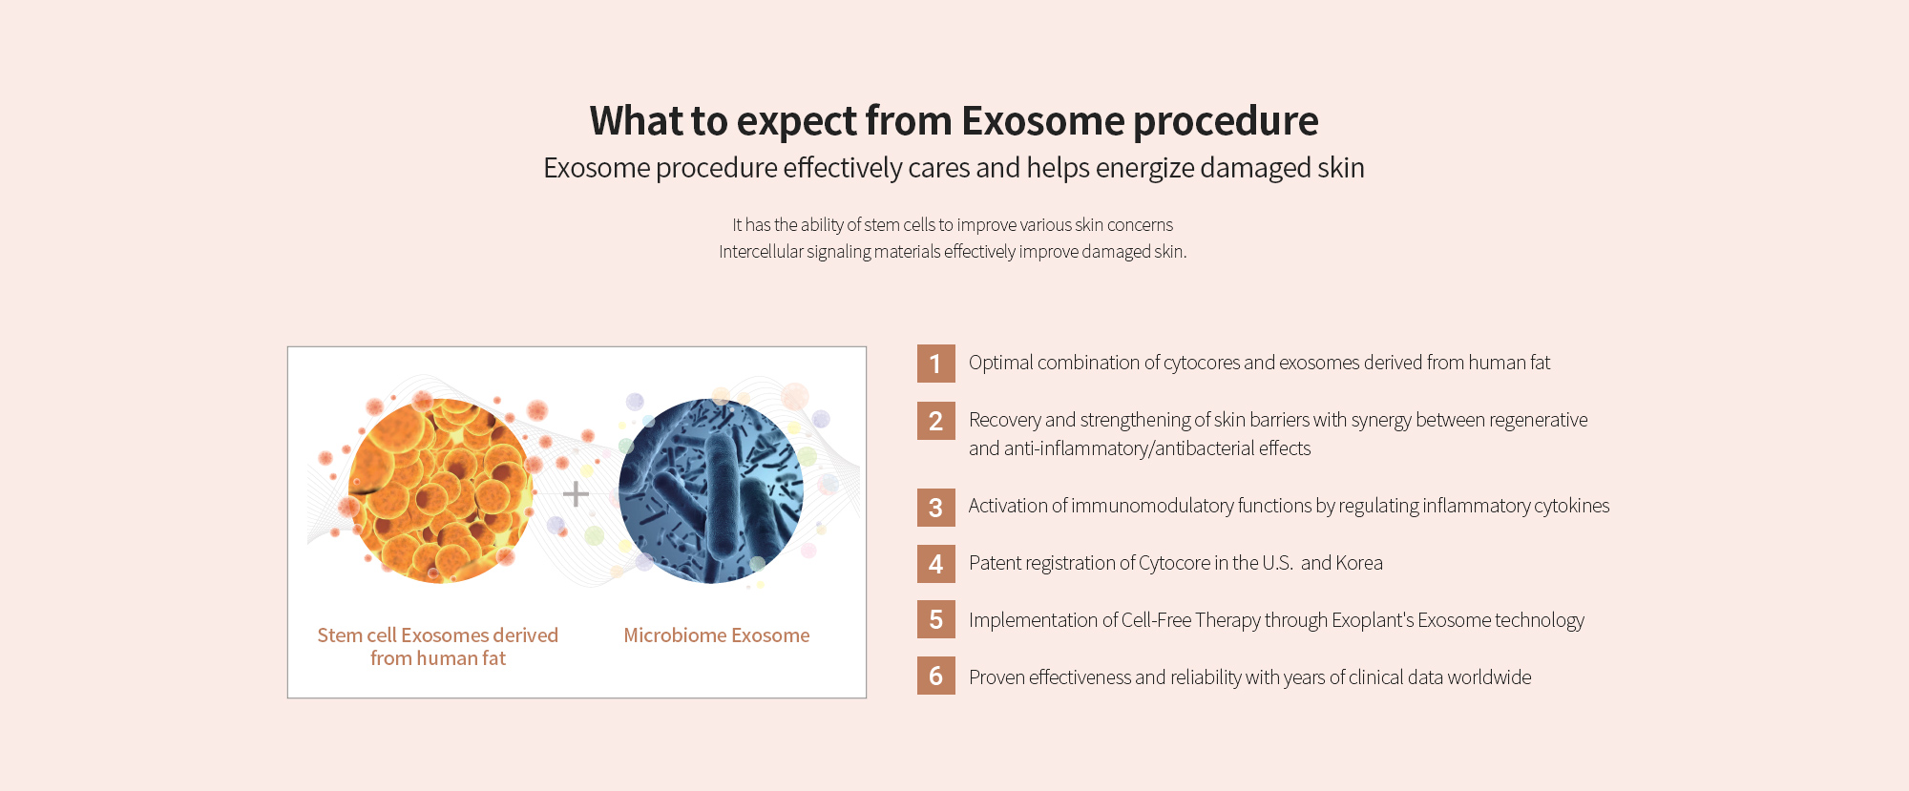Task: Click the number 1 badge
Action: [x=935, y=364]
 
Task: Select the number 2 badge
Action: [x=935, y=421]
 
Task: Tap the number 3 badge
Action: [x=935, y=508]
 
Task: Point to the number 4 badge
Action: [x=935, y=564]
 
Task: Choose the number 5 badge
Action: [x=935, y=619]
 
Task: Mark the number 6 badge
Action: [x=935, y=676]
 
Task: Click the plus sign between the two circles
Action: [x=576, y=493]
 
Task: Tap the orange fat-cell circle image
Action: [x=440, y=490]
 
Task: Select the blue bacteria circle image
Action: [x=711, y=490]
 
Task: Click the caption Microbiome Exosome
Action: [x=717, y=635]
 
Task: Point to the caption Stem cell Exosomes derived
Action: [x=438, y=635]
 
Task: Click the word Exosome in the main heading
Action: [x=1043, y=121]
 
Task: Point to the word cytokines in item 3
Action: [x=1572, y=506]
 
